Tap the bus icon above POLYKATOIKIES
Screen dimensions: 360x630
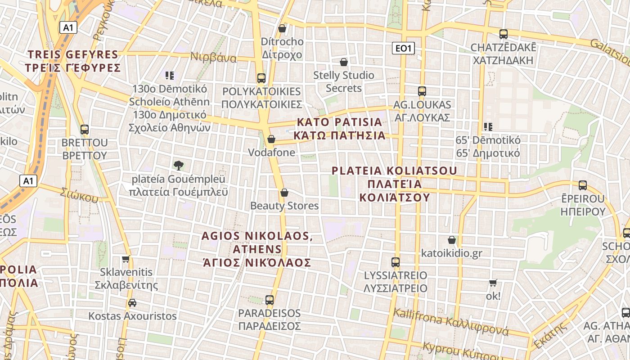tap(261, 78)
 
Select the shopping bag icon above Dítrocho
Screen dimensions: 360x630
tap(282, 28)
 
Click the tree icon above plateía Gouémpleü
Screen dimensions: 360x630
tap(178, 165)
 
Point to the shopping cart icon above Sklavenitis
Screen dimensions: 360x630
tap(126, 259)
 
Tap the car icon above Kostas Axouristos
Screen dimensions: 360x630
tap(132, 302)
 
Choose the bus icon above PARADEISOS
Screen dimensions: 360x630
tap(270, 300)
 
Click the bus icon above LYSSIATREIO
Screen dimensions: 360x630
tap(396, 262)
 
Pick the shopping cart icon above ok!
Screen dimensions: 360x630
tap(493, 283)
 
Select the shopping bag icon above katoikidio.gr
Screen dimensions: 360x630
tap(452, 240)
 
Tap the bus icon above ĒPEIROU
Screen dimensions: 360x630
tap(583, 185)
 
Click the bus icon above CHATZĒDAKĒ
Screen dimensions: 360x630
tap(504, 34)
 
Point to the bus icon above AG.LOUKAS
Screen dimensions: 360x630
tap(422, 91)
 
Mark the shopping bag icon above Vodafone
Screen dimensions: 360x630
tap(271, 139)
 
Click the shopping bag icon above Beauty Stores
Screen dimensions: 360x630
tap(284, 193)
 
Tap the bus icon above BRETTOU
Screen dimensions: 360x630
tap(85, 130)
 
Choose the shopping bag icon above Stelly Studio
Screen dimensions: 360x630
tap(344, 62)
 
